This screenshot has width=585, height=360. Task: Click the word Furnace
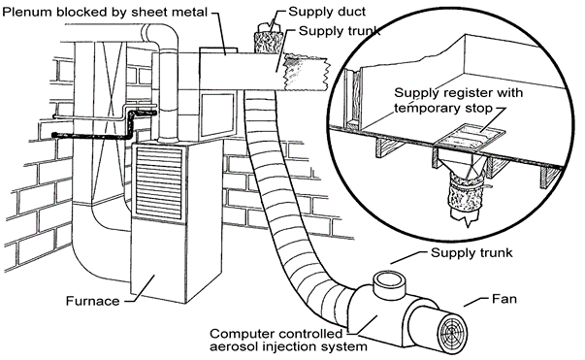point(94,301)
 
